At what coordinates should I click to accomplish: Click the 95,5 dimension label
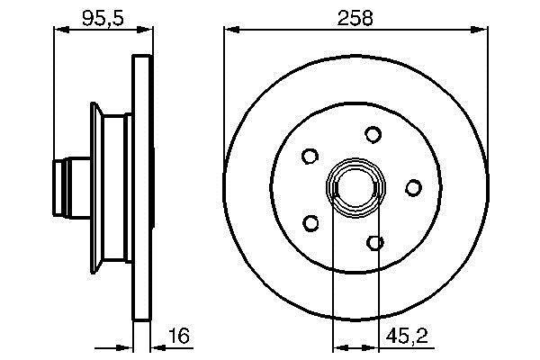coord(103,18)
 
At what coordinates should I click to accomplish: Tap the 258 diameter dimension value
coord(355,18)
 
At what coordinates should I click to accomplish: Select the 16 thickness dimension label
coord(179,336)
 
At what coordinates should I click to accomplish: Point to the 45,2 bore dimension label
coord(407,336)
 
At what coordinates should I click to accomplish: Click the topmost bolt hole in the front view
coord(373,134)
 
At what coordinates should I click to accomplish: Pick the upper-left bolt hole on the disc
coord(310,156)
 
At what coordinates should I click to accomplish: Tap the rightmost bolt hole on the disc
coord(413,188)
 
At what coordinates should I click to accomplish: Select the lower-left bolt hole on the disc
coord(310,223)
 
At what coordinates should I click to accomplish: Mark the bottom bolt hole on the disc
coord(375,242)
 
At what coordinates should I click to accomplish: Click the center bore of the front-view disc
coord(355,188)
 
